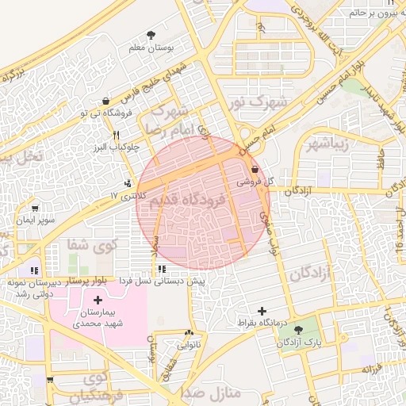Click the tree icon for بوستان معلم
(x=151, y=34)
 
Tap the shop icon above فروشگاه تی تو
(x=105, y=100)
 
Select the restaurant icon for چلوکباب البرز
(x=116, y=134)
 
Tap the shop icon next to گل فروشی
(x=254, y=170)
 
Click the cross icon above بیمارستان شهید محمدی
(x=98, y=300)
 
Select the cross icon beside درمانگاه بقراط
(x=263, y=311)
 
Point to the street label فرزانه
(x=373, y=370)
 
